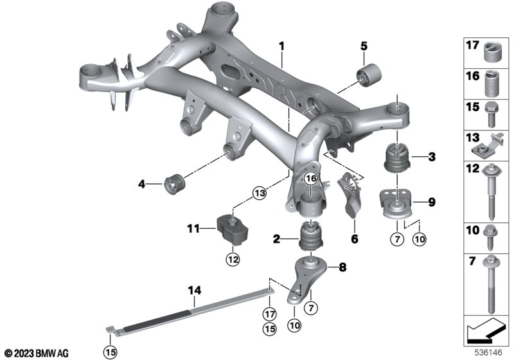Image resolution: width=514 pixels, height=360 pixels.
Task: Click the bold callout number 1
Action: tap(281, 46)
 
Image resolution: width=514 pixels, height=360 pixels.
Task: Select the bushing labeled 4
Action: tap(175, 184)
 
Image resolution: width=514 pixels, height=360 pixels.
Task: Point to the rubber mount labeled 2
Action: tap(312, 235)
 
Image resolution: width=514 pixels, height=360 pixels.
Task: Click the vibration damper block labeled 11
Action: tap(232, 228)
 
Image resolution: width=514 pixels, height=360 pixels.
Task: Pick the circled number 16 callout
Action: tap(310, 179)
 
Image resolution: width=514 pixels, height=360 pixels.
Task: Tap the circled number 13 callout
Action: tap(260, 194)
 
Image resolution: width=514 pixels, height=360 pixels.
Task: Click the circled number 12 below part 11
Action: tap(233, 260)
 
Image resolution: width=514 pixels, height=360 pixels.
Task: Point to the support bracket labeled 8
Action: tap(308, 277)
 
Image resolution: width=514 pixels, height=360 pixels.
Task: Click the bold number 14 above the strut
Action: tap(195, 290)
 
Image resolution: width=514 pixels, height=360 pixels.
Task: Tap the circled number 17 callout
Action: tap(269, 314)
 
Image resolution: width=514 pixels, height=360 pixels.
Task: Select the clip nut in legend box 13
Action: tap(486, 144)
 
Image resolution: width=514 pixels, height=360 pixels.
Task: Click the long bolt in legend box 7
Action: tap(491, 285)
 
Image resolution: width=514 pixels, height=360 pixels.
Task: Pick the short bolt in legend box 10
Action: tap(490, 238)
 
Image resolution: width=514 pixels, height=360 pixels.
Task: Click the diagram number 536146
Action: tap(488, 353)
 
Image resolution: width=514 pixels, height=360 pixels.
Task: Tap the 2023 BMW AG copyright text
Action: tap(37, 354)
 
